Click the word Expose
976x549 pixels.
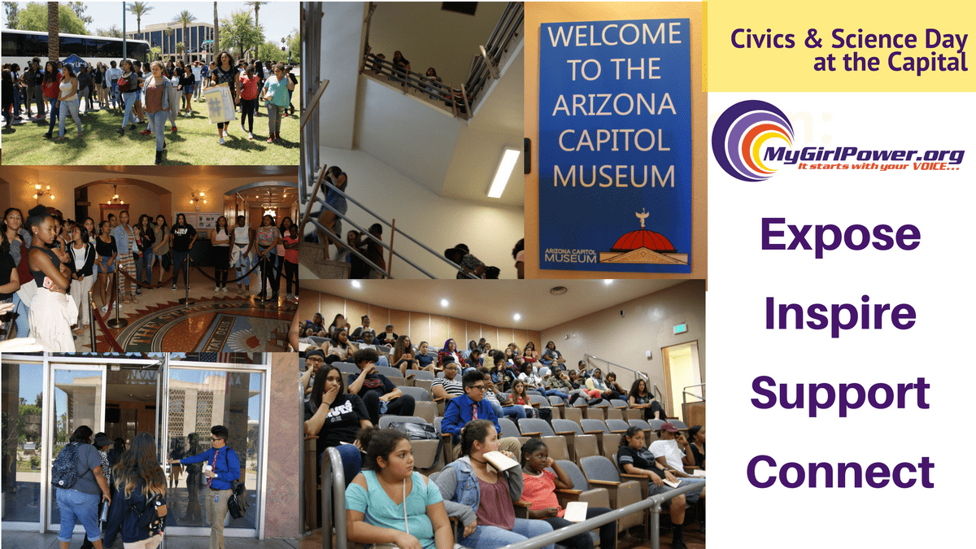(840, 235)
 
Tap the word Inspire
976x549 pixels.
(840, 313)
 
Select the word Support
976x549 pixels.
(840, 394)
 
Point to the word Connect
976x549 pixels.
(840, 472)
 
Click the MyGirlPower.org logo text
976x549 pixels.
(864, 155)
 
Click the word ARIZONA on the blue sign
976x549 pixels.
(614, 105)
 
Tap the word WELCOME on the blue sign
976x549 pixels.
(614, 35)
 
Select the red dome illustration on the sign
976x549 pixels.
(643, 240)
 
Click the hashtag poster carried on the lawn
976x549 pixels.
(219, 104)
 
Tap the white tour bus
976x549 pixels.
(74, 46)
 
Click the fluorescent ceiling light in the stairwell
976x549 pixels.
(503, 172)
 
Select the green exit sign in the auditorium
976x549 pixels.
(680, 329)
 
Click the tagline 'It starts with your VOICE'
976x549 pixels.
(878, 167)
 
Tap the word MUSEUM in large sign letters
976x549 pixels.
(614, 176)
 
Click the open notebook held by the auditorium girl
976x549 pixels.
(499, 460)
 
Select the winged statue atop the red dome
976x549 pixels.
(643, 218)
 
